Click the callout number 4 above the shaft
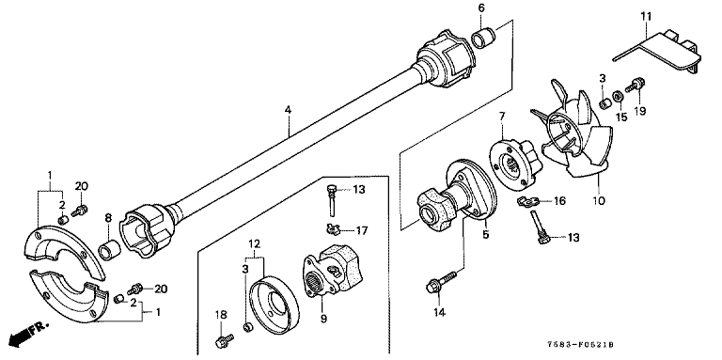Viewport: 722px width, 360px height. tap(288, 110)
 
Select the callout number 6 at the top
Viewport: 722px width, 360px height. tap(481, 8)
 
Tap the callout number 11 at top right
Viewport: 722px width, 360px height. tap(646, 17)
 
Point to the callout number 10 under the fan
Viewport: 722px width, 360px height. tap(599, 201)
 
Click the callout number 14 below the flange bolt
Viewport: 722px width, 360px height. tap(439, 313)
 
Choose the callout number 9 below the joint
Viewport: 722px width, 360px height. tap(322, 318)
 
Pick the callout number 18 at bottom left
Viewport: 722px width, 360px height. tap(221, 315)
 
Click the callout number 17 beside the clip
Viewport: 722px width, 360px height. tap(361, 230)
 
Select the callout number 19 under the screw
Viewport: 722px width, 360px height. tap(639, 111)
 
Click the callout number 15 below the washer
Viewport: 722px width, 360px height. tap(621, 117)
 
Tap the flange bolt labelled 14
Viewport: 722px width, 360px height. tap(441, 282)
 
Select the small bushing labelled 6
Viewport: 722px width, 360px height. tap(483, 38)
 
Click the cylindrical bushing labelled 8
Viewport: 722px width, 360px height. tap(110, 249)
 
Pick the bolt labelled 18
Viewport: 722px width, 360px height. tap(224, 340)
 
